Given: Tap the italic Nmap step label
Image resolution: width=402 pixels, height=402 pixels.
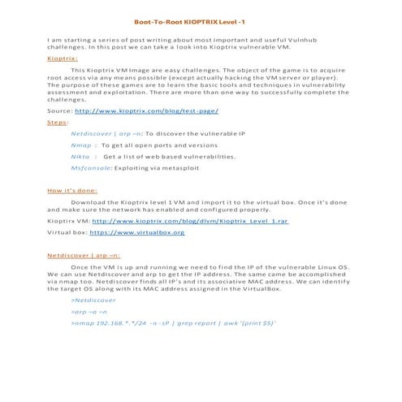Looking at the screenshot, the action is point(81,143).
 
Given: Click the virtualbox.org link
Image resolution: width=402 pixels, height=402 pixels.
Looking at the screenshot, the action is point(142,232).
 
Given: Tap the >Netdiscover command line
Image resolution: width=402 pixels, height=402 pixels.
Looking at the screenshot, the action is point(93,299).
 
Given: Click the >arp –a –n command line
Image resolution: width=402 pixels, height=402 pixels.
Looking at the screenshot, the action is point(89,311).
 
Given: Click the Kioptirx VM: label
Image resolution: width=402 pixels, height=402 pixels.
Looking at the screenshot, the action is point(69,220).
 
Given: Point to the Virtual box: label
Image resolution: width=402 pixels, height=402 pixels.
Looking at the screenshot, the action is point(67,232).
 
